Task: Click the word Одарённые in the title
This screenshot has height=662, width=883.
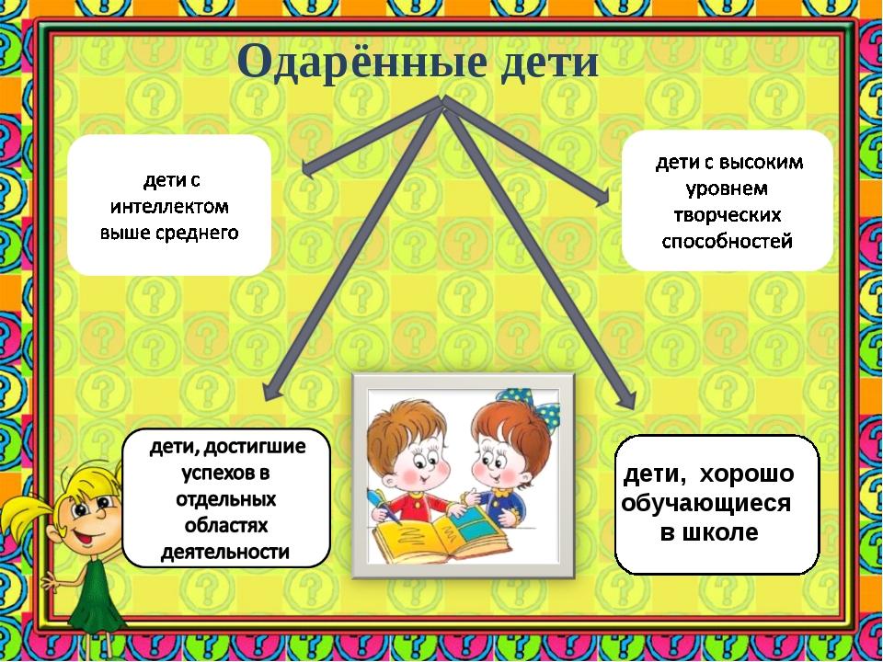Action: click(x=361, y=61)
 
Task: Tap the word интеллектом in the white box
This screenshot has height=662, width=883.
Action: click(x=169, y=207)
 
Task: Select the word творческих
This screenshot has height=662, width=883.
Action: click(x=728, y=215)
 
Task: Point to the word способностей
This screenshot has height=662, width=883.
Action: click(x=727, y=242)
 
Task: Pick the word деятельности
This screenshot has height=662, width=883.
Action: click(x=225, y=552)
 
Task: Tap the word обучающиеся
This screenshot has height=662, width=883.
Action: click(x=706, y=504)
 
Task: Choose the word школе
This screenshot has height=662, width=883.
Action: click(x=726, y=532)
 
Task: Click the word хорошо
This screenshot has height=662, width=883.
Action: click(x=747, y=474)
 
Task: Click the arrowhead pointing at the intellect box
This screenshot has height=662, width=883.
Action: click(x=309, y=167)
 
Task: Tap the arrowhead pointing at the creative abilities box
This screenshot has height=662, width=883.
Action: click(x=602, y=197)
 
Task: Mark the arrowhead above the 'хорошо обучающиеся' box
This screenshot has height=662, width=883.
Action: click(x=626, y=399)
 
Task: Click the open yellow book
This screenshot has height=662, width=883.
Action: click(x=441, y=535)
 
